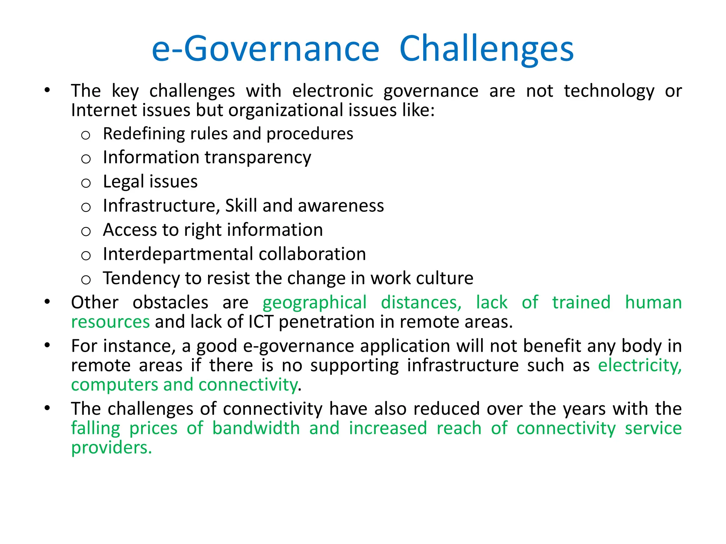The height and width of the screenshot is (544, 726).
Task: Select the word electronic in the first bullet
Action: click(x=333, y=91)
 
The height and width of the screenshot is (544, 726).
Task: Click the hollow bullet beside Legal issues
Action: click(x=86, y=183)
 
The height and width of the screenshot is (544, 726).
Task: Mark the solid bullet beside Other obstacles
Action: click(x=47, y=302)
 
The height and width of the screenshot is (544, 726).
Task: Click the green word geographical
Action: click(x=314, y=303)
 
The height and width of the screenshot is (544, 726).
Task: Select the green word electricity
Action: click(x=640, y=365)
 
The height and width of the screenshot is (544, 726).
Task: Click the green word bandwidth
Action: click(x=256, y=428)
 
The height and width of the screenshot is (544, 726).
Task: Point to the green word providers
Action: click(x=111, y=448)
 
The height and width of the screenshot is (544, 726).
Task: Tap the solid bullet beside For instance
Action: click(x=47, y=345)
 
